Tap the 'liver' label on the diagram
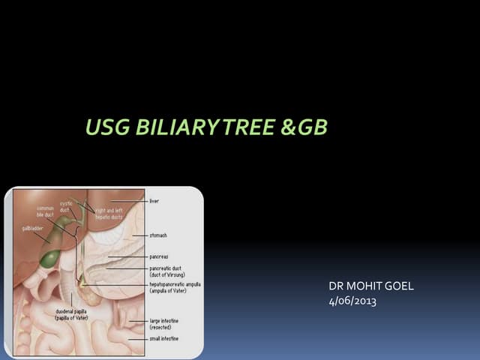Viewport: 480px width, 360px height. [x=154, y=201]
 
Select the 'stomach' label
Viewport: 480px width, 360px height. [x=159, y=235]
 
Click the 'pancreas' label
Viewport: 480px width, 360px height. [x=159, y=256]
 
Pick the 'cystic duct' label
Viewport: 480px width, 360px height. [x=65, y=207]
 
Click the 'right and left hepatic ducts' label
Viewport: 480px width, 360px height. [x=109, y=214]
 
